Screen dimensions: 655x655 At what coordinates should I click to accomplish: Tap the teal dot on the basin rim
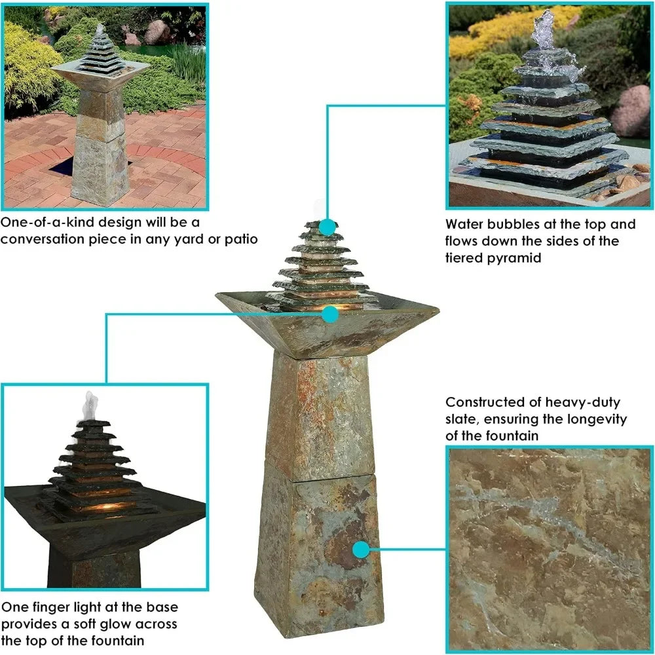[x=331, y=314]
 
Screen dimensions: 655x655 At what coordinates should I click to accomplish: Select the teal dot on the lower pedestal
[x=360, y=549]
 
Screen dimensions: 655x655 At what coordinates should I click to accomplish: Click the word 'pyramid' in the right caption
[x=515, y=258]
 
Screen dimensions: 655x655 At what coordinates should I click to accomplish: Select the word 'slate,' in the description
[x=464, y=419]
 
